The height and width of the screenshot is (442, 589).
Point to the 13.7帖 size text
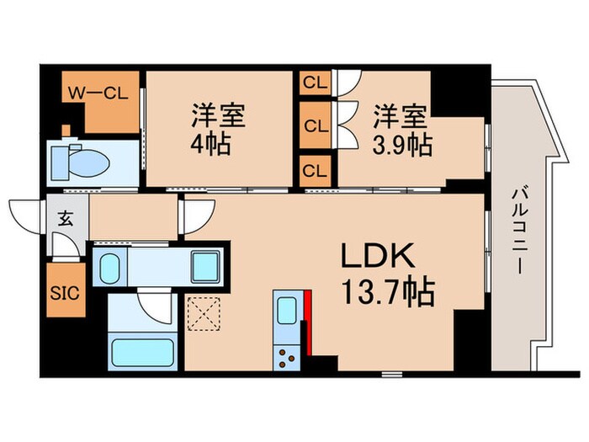point(387,294)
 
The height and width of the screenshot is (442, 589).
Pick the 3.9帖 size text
point(403,144)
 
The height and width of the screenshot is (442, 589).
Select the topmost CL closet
point(316,83)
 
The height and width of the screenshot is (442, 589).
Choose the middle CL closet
point(316,126)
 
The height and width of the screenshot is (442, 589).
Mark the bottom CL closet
point(316,171)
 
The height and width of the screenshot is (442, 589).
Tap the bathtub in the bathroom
point(141,349)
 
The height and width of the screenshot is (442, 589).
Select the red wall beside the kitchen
point(310,320)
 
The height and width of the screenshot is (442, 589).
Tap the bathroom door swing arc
point(154,306)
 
